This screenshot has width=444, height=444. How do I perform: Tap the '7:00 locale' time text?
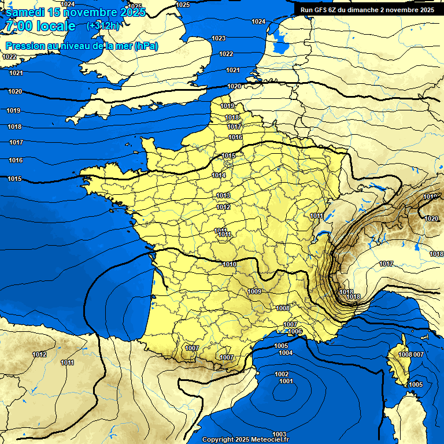[39, 26]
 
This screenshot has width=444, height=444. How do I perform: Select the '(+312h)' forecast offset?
[103, 25]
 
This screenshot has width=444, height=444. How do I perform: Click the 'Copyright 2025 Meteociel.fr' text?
[245, 439]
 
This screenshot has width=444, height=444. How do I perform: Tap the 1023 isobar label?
[219, 38]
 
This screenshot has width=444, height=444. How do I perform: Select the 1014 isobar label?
[219, 175]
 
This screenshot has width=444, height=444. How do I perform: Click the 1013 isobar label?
[223, 196]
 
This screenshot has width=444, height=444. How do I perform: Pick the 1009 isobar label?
[254, 291]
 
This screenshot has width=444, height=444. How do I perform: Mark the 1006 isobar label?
[295, 331]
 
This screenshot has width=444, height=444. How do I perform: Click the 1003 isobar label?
[279, 434]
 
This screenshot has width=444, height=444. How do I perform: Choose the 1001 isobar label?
[286, 382]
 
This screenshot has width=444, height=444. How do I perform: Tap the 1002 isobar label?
[282, 374]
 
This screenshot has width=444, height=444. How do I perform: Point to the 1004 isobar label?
[286, 353]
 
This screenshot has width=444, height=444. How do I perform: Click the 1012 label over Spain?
[39, 354]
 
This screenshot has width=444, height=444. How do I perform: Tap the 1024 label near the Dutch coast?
[258, 21]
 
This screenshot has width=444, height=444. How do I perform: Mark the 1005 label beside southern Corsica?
[416, 384]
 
